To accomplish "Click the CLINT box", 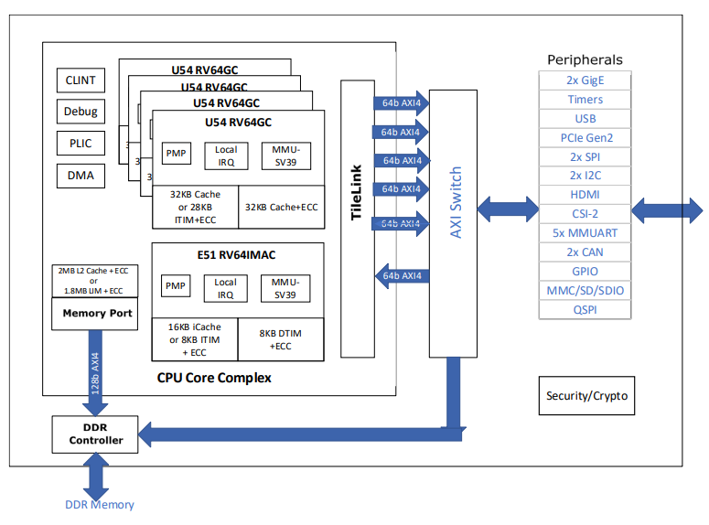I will pos(81,80).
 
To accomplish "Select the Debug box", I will pos(81,112).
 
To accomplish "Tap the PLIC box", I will pos(81,144).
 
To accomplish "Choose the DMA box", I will pos(81,176).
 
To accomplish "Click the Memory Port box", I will pos(97,314).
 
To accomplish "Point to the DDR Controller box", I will pos(97,434).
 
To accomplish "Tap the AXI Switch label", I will pos(455,203).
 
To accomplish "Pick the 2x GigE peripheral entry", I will pos(585,80).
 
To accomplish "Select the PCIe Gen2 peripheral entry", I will pos(585,138).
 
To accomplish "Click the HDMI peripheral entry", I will pos(585,195).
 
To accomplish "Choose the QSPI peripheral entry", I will pos(585,310).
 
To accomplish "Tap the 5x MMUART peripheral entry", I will pos(585,233).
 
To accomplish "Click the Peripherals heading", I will pos(585,59).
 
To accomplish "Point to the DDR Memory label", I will pos(100,505).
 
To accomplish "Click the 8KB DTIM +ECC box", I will pos(280,339).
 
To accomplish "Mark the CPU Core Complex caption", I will pos(214,377).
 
